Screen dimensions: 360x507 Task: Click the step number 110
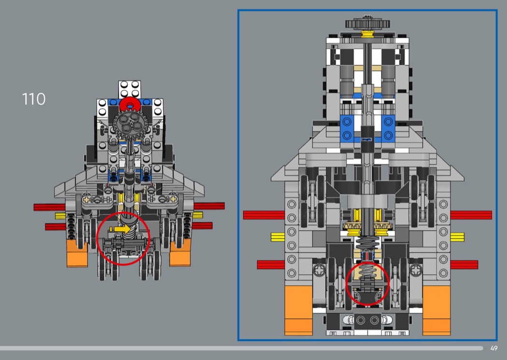click(x=34, y=99)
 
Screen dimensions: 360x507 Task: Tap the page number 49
click(x=493, y=348)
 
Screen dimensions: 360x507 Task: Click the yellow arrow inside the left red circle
click(x=118, y=228)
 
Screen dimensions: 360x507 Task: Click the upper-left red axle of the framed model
click(x=265, y=215)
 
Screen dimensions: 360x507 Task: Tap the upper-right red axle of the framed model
click(x=471, y=215)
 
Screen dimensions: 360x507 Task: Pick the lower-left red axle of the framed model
click(x=271, y=264)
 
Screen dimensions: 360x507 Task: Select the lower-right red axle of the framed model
click(x=464, y=264)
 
